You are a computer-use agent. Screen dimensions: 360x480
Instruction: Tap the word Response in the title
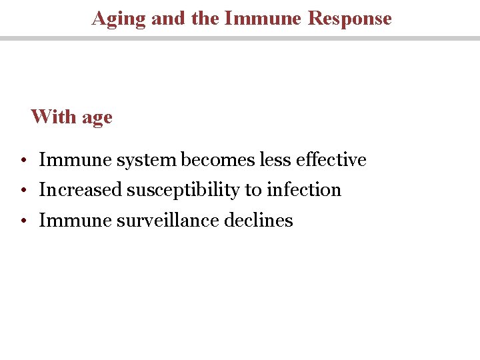350,18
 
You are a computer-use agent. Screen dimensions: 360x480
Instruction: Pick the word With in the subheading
54,117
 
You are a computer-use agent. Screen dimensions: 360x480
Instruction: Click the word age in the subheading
97,118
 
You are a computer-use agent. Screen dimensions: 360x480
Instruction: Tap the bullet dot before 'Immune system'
23,161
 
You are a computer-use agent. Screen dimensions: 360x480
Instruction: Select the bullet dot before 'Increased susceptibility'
23,191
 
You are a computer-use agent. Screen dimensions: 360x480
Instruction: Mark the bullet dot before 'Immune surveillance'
23,221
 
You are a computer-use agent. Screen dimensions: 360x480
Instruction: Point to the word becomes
217,160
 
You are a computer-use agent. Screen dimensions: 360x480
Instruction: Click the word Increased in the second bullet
81,190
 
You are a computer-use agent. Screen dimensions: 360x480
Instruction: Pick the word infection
304,190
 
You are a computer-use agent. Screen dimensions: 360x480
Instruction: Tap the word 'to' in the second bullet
253,191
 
